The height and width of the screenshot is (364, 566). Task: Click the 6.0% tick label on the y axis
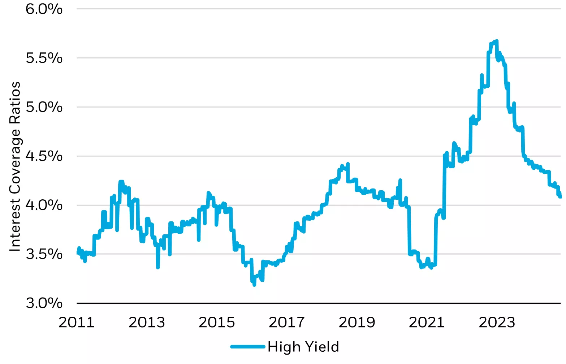pos(44,9)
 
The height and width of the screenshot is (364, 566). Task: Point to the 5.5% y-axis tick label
pos(44,58)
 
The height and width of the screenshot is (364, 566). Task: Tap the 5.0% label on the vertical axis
pos(44,107)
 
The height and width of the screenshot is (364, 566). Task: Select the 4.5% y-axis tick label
pos(44,156)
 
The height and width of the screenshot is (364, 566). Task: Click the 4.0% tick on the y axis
pos(44,205)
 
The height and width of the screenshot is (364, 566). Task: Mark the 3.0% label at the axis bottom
pos(44,303)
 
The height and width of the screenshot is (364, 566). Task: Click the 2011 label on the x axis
pos(77,322)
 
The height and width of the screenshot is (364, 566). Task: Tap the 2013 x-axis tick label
pos(147,322)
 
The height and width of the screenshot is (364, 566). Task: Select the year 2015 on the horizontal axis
pos(217,322)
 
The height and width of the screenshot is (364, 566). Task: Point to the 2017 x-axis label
pos(287,322)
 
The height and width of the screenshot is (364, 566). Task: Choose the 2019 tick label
pos(357,322)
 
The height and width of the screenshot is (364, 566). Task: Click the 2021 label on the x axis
pos(427,322)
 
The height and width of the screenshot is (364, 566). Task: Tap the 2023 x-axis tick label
pos(497,322)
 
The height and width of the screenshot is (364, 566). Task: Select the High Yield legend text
pos(303,347)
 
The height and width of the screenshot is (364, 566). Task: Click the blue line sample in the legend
pos(248,347)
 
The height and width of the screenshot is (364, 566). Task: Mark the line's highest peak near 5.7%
pos(497,41)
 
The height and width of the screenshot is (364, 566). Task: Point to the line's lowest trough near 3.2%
pos(254,285)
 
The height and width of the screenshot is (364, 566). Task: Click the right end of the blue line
pos(560,197)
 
